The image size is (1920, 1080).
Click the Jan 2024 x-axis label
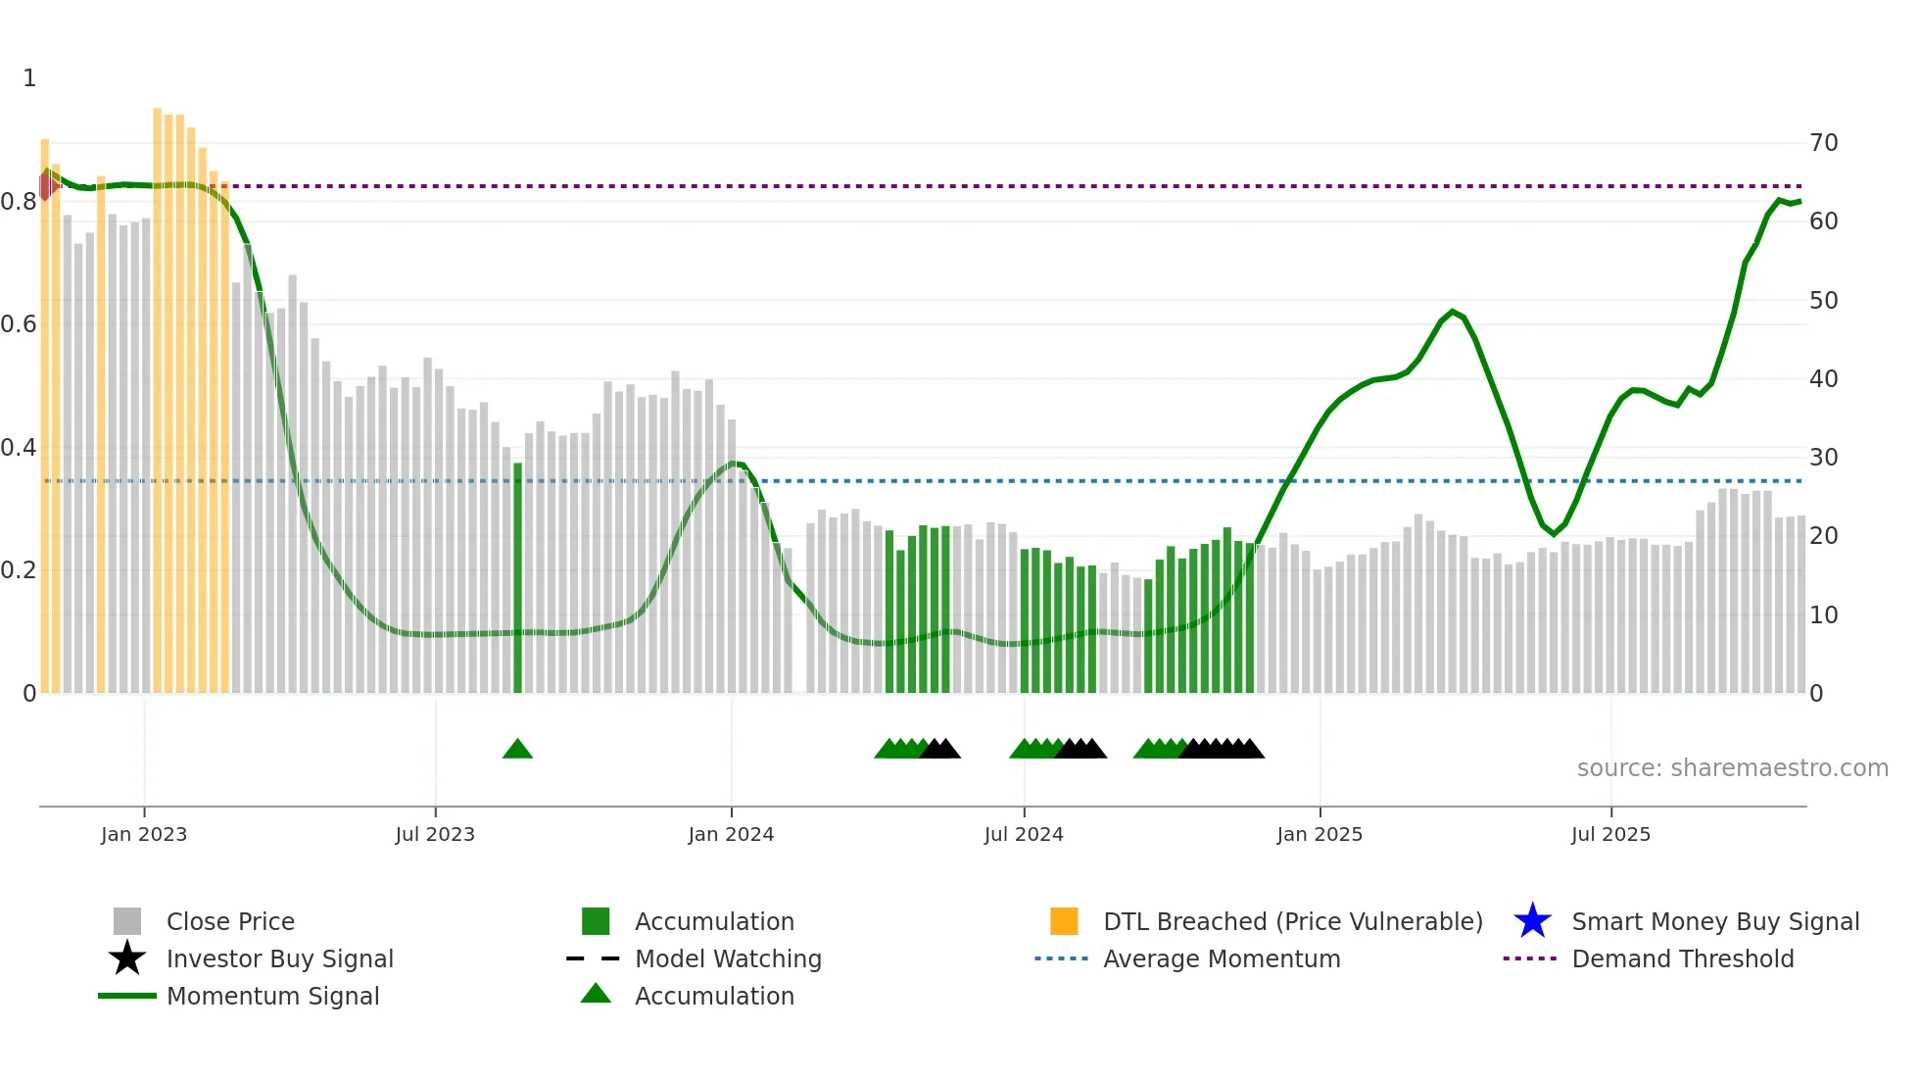(x=731, y=834)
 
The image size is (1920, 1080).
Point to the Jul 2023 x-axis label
(x=435, y=834)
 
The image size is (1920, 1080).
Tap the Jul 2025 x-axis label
(x=1610, y=834)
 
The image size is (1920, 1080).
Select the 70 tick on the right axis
(x=1823, y=143)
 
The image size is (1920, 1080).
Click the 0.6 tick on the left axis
(x=19, y=324)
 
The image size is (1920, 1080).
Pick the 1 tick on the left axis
(x=29, y=78)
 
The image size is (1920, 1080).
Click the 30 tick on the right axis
(x=1823, y=458)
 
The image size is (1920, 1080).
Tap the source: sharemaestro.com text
(x=1732, y=768)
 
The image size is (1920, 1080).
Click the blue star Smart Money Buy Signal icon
(x=1532, y=921)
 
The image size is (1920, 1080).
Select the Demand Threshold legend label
(x=1682, y=958)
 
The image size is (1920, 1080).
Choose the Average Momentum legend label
(x=1222, y=958)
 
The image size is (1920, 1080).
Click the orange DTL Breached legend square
(x=1064, y=921)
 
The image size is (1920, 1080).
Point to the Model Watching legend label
(x=728, y=958)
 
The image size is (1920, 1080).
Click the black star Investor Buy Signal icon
(x=127, y=958)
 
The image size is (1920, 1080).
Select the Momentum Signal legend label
(x=272, y=996)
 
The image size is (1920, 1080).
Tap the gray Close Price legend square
(x=127, y=921)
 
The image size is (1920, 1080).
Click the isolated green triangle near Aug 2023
(x=517, y=750)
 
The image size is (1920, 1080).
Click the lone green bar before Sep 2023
(x=517, y=578)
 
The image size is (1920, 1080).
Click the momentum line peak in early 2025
(x=1453, y=312)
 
